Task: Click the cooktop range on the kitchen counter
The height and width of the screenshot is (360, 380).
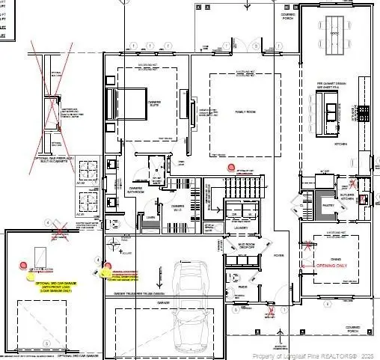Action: coord(364,113)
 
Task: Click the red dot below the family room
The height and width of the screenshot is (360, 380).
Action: coord(231,168)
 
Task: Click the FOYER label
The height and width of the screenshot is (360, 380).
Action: coord(278,254)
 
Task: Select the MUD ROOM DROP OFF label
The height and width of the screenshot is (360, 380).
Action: coord(246,245)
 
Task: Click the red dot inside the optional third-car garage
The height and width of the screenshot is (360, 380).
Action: coord(24,266)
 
